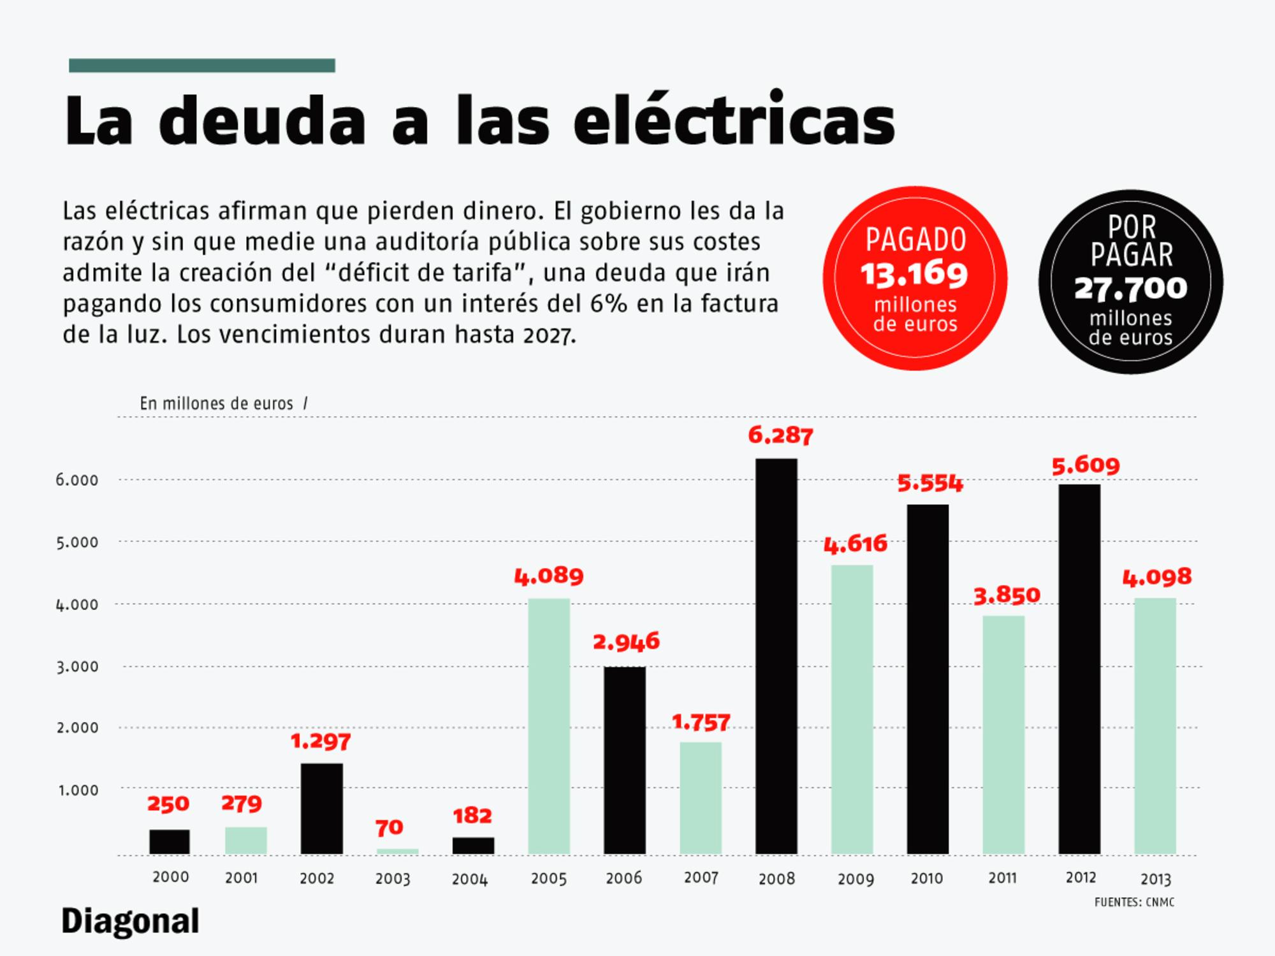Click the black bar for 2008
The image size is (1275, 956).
(776, 656)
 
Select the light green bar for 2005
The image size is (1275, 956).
(549, 727)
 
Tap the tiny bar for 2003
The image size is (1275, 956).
(397, 851)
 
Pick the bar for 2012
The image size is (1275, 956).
(1079, 669)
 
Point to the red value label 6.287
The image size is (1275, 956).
(780, 435)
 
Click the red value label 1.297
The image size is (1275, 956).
(321, 741)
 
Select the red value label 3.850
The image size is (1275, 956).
(1007, 595)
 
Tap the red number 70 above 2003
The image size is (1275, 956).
(389, 827)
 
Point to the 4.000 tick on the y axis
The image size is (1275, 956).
(77, 604)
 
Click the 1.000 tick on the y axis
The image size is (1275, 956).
(78, 790)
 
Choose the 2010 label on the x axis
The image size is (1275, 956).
(926, 878)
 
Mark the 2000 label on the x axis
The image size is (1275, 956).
(170, 877)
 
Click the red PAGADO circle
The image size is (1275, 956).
(915, 279)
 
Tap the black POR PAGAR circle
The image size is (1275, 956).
(1130, 282)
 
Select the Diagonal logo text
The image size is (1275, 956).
(130, 922)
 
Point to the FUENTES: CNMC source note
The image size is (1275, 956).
(1134, 902)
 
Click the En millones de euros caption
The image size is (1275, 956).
(217, 403)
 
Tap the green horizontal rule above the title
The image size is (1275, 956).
(201, 66)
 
